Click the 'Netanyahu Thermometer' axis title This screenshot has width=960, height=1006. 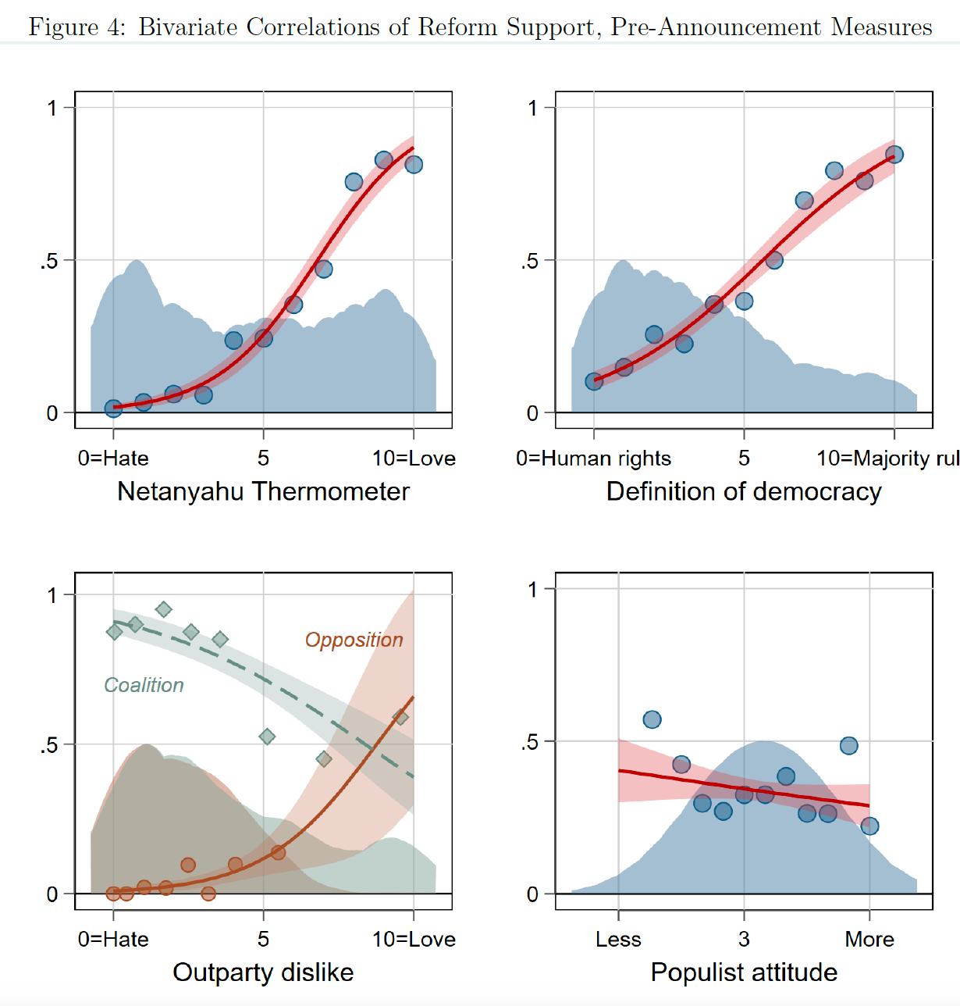[263, 491]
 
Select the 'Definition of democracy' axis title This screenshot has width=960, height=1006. [744, 491]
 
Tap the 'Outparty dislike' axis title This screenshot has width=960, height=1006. [263, 972]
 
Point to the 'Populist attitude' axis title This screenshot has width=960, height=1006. [744, 972]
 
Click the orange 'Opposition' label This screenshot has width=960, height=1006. [354, 640]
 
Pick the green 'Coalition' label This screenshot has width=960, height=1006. [144, 685]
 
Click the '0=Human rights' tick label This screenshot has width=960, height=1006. [593, 458]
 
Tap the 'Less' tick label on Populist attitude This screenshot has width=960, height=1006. [618, 939]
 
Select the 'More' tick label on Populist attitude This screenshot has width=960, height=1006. [869, 939]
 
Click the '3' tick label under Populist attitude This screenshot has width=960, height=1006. [744, 939]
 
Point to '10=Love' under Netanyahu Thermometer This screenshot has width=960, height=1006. [414, 458]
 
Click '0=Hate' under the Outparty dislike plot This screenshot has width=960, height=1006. [113, 939]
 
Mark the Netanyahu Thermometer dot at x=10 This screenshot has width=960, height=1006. [414, 164]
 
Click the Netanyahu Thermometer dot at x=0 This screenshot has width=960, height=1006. [113, 408]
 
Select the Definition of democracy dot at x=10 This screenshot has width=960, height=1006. [894, 155]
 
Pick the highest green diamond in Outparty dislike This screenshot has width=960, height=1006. [163, 609]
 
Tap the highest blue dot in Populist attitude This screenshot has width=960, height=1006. [652, 719]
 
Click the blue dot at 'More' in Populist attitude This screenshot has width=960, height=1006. [869, 826]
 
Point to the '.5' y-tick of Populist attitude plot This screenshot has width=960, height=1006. [530, 741]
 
